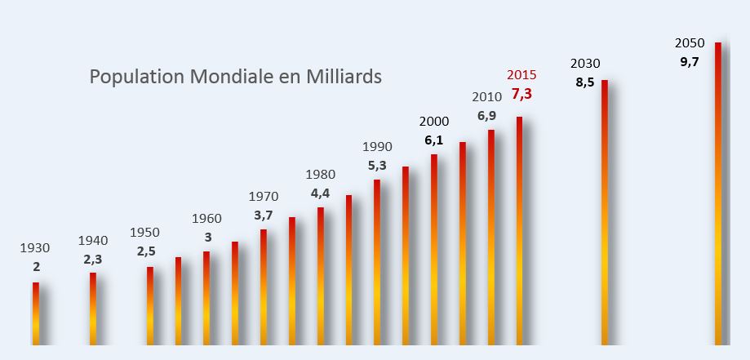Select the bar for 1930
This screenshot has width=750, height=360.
(36, 313)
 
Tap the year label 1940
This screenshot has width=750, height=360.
(93, 240)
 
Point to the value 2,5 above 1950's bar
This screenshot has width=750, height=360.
(146, 251)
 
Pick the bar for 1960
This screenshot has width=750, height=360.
(206, 298)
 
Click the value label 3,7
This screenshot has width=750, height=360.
(263, 216)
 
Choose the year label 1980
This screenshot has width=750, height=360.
(321, 175)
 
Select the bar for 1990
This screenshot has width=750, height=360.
(377, 262)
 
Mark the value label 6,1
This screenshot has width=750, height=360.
(434, 140)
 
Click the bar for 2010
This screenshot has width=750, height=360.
(491, 238)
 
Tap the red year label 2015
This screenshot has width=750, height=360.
(521, 75)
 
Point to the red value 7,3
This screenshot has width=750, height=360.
(521, 95)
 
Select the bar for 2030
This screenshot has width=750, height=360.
(605, 212)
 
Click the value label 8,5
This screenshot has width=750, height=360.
(585, 82)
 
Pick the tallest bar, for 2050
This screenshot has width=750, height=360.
(718, 194)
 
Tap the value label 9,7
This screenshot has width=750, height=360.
(690, 62)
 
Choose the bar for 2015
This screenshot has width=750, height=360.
(520, 231)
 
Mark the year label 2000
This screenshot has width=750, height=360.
(434, 122)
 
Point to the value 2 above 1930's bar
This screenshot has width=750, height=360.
(37, 268)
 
